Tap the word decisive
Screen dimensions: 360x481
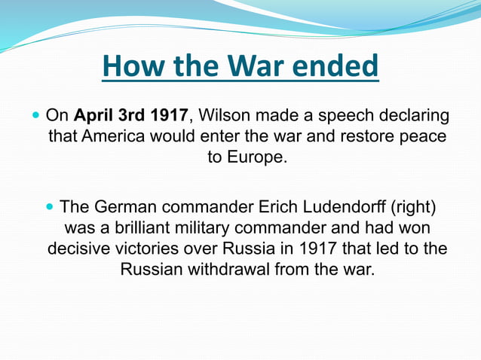coord(76,249)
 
